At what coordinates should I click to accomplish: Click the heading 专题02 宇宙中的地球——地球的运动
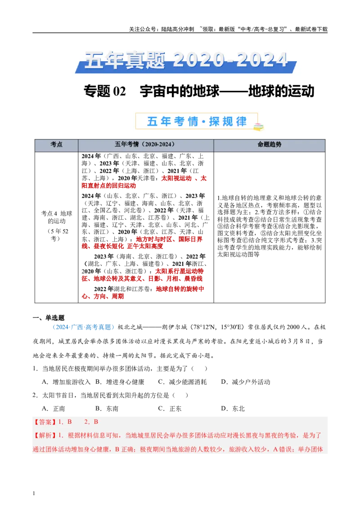coord(199,91)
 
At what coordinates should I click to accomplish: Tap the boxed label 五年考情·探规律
coord(197,121)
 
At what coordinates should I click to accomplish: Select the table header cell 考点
coord(56,144)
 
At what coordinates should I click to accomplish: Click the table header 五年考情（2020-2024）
coord(145,144)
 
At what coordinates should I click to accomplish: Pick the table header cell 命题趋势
coord(270,144)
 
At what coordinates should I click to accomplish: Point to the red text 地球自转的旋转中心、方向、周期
coord(143,292)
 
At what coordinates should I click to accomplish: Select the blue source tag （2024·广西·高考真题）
coord(83,327)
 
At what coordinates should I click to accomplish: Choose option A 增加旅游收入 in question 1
coord(66,382)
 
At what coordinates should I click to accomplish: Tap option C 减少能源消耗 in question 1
coord(182,382)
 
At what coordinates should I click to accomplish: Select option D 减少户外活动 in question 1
coord(246,382)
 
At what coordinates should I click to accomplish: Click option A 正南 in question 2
coord(54,409)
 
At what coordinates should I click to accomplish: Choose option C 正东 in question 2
coord(170,409)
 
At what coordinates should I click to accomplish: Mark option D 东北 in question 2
coord(233,409)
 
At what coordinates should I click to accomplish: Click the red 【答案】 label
coord(45,422)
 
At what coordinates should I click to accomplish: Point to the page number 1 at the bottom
coord(34,493)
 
